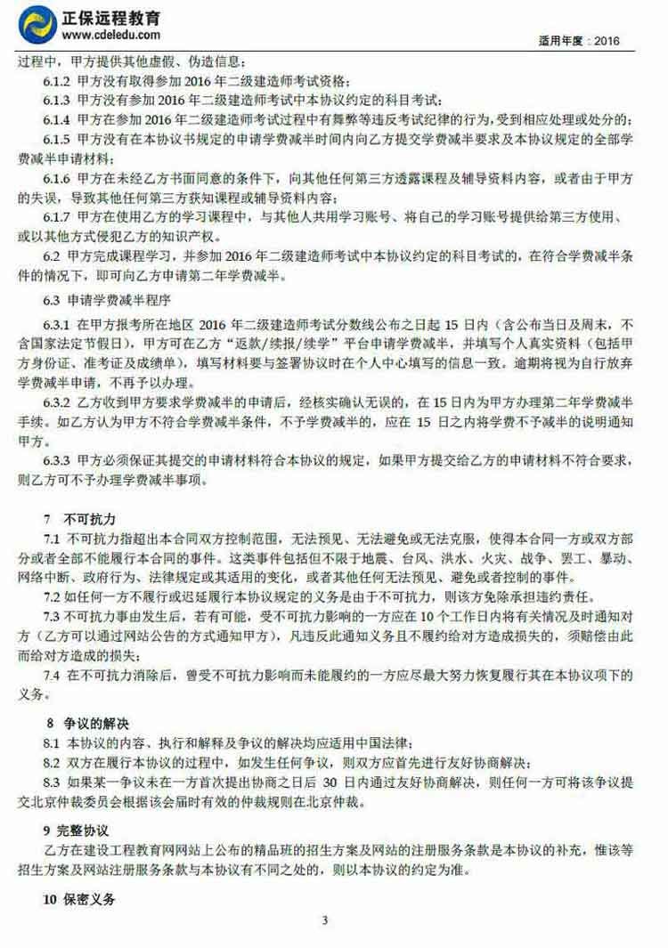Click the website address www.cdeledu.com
point(111,35)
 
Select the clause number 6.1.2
point(57,81)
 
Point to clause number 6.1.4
point(57,119)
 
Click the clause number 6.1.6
point(57,178)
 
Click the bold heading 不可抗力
point(90,519)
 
